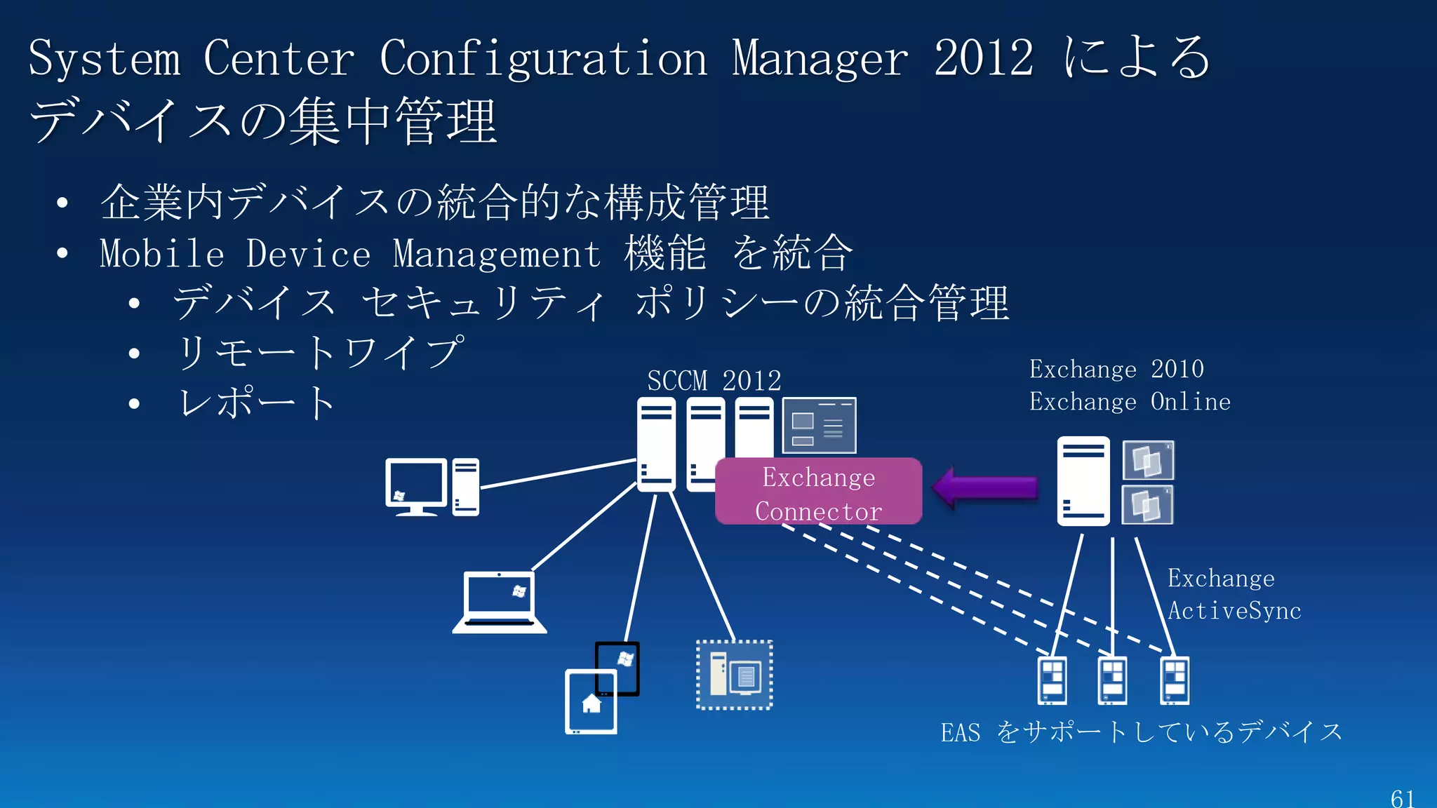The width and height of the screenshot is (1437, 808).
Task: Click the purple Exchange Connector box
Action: pyautogui.click(x=818, y=492)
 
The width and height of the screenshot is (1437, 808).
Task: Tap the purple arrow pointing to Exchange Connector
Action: pyautogui.click(x=985, y=487)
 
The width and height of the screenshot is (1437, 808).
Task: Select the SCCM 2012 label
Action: pyautogui.click(x=714, y=381)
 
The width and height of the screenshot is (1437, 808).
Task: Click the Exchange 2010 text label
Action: pyautogui.click(x=1116, y=369)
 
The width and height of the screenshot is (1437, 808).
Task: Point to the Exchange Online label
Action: pyautogui.click(x=1130, y=402)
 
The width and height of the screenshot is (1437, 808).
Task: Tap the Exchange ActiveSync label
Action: pyautogui.click(x=1234, y=594)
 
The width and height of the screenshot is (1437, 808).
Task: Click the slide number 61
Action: pyautogui.click(x=1402, y=798)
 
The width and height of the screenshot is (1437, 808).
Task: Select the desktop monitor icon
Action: pyautogui.click(x=416, y=486)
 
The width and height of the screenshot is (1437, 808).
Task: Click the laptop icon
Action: pyautogui.click(x=500, y=602)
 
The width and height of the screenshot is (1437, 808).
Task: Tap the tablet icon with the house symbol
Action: pyautogui.click(x=591, y=702)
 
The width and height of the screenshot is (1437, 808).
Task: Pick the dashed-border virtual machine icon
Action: pyautogui.click(x=734, y=675)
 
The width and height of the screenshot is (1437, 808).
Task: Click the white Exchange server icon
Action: pyautogui.click(x=1083, y=481)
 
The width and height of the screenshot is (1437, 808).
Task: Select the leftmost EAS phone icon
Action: pyautogui.click(x=1052, y=680)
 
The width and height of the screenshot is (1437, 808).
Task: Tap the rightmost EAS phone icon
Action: pyautogui.click(x=1175, y=680)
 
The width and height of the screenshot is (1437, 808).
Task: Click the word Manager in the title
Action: pyautogui.click(x=820, y=59)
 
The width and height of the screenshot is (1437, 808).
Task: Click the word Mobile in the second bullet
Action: pyautogui.click(x=161, y=253)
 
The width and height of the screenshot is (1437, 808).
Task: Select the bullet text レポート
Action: pyautogui.click(x=257, y=403)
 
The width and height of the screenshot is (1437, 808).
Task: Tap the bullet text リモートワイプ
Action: pyautogui.click(x=320, y=352)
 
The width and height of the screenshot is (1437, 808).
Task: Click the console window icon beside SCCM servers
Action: pyautogui.click(x=819, y=426)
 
